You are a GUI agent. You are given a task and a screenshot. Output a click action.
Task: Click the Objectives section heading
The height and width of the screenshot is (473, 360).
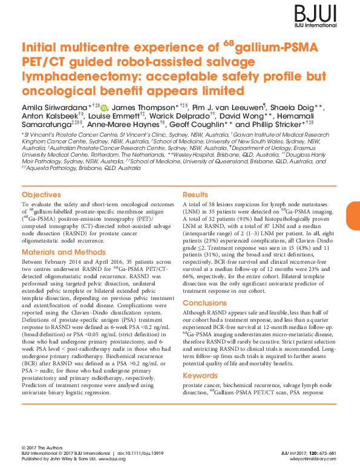(41, 195)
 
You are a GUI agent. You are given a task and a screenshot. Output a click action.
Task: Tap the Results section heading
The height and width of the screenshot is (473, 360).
(196, 195)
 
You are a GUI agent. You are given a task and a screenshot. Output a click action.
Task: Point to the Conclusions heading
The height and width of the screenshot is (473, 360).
(205, 303)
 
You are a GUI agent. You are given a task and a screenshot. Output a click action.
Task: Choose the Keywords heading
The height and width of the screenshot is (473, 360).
(200, 376)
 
